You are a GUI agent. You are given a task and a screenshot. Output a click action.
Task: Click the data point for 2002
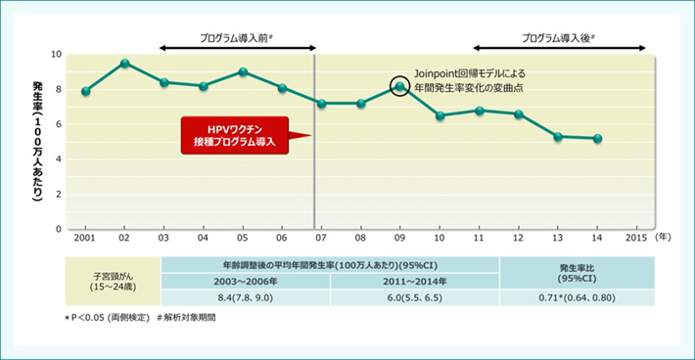click(x=125, y=64)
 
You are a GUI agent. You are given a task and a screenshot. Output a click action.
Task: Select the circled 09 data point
click(x=399, y=86)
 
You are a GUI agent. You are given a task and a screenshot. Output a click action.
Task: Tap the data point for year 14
click(x=597, y=139)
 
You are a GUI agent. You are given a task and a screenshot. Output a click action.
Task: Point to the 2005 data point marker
click(x=243, y=71)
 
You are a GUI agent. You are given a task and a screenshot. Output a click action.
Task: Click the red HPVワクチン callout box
click(x=235, y=136)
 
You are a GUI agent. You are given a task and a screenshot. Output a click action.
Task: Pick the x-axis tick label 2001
click(x=84, y=239)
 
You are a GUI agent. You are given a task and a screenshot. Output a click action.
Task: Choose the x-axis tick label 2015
click(x=636, y=239)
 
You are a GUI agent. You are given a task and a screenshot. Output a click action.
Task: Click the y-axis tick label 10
click(x=57, y=55)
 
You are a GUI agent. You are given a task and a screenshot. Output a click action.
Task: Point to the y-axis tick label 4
click(x=59, y=159)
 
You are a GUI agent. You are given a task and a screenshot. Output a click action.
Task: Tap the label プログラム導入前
click(x=235, y=38)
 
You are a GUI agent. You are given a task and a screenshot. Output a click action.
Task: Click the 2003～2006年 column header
click(x=246, y=281)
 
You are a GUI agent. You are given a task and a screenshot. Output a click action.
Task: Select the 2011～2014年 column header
click(x=415, y=281)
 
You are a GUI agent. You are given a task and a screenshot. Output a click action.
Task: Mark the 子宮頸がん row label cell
click(x=113, y=281)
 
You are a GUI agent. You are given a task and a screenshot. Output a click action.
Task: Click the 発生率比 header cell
click(x=578, y=273)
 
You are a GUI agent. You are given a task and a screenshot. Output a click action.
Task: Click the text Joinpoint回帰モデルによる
click(x=470, y=73)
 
